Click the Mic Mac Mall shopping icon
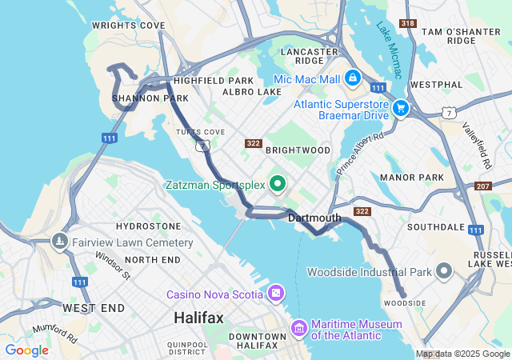click(352, 79)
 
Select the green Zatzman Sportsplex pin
click(278, 185)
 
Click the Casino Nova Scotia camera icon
click(275, 293)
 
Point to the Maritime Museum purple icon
click(298, 328)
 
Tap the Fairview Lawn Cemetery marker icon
click(59, 242)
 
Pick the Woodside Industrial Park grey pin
click(444, 272)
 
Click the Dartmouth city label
click(314, 218)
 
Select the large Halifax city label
click(198, 318)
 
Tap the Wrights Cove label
click(128, 26)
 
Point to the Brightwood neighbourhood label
click(298, 150)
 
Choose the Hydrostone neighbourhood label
click(148, 227)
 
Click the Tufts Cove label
click(200, 132)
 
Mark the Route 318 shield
click(408, 24)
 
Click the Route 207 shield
click(482, 186)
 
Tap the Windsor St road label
click(112, 266)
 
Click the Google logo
click(26, 350)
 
